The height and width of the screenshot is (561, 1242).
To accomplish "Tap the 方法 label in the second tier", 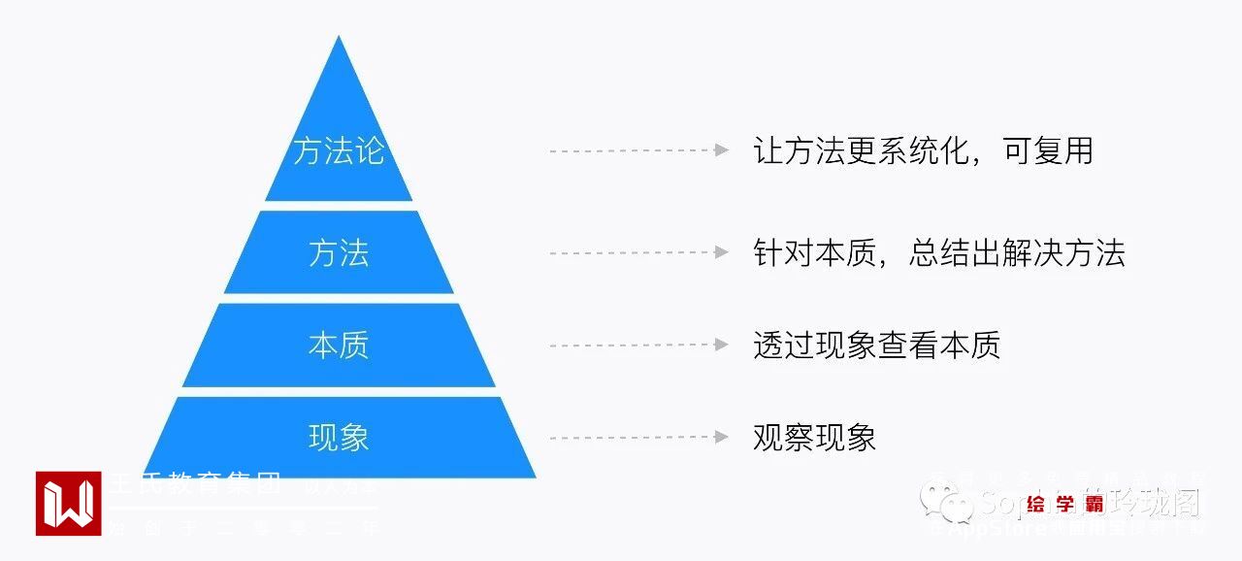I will click(339, 253).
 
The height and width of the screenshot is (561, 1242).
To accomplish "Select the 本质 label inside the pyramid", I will click(339, 346).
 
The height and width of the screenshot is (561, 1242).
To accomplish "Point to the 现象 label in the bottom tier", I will click(339, 438).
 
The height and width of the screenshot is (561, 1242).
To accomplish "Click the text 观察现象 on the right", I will click(814, 438).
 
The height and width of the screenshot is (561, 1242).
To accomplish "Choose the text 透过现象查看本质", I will click(876, 346).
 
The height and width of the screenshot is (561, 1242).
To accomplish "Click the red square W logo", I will click(68, 503).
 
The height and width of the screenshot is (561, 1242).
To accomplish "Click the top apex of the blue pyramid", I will click(339, 39).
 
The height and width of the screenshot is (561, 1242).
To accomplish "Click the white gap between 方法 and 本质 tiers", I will click(339, 298).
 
